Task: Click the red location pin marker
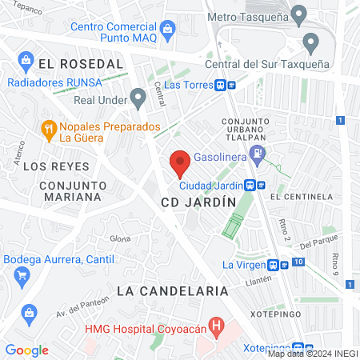click(180, 162)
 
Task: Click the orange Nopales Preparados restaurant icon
click(48, 129)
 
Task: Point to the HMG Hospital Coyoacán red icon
click(214, 326)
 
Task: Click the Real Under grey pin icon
click(138, 99)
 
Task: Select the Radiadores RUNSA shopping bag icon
click(26, 59)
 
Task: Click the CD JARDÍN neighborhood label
click(198, 203)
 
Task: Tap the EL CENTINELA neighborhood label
click(301, 196)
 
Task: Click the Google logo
click(26, 350)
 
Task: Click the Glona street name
click(120, 238)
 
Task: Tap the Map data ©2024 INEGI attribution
click(312, 354)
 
